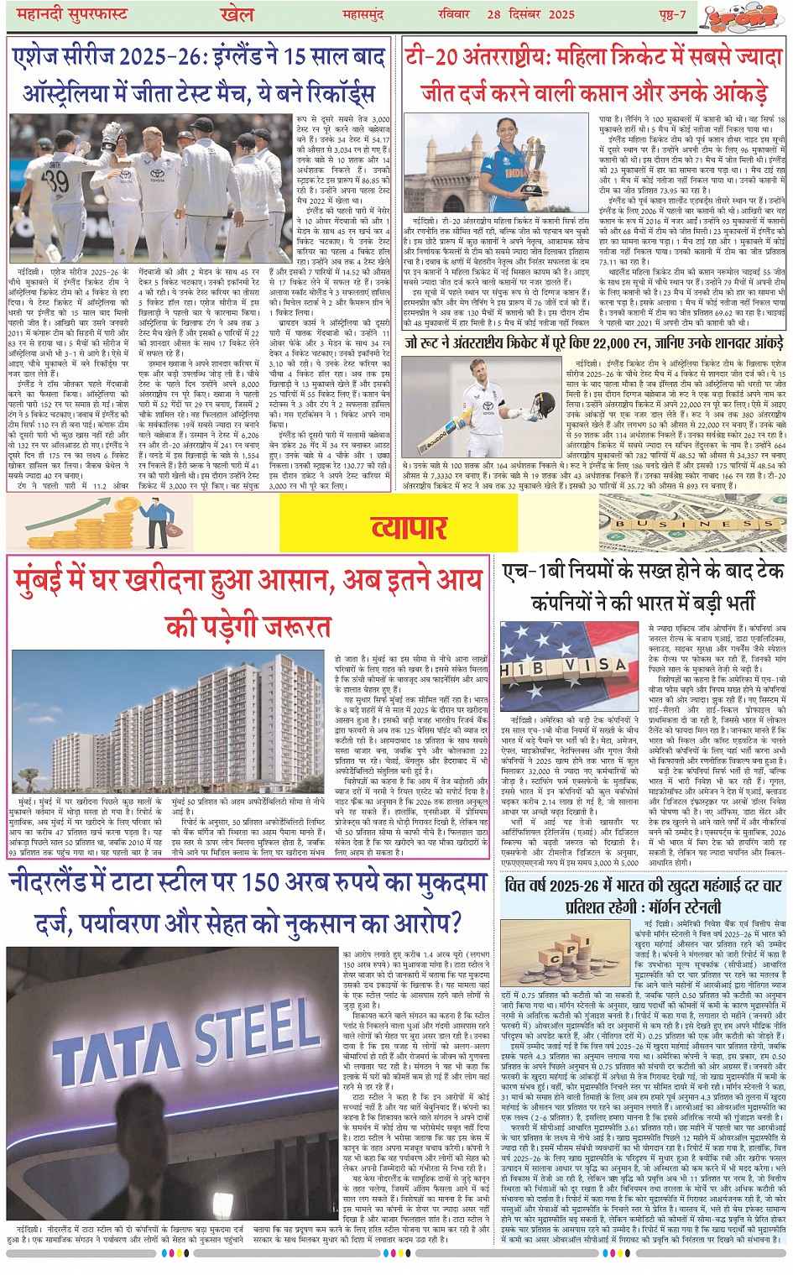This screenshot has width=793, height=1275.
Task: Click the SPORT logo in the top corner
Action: [760, 16]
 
